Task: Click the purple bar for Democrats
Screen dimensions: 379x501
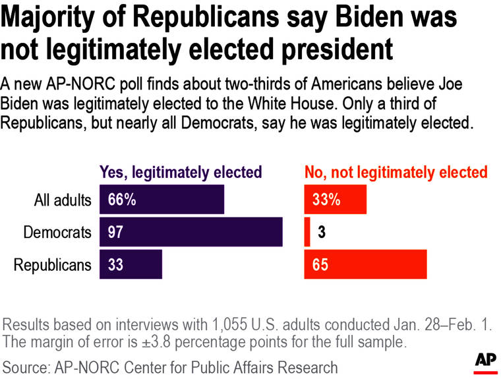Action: click(x=191, y=232)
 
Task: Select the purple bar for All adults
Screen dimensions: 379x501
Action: click(x=162, y=200)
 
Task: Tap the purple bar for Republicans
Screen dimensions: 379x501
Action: click(x=131, y=264)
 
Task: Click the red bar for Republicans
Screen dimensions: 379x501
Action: click(x=365, y=264)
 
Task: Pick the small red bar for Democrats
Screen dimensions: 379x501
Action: click(x=307, y=232)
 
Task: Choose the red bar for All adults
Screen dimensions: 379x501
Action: click(x=335, y=200)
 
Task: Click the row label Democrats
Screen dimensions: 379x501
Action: click(x=57, y=232)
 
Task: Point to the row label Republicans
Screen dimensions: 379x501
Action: click(x=52, y=265)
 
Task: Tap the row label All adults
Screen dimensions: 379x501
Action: click(x=63, y=200)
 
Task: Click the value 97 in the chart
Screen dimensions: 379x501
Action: click(x=115, y=232)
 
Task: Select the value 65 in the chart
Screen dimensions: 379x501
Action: click(x=320, y=265)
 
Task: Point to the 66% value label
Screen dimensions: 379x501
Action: click(x=120, y=200)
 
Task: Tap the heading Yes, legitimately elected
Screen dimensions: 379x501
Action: click(x=181, y=173)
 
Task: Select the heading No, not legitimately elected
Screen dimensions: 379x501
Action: click(x=396, y=173)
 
